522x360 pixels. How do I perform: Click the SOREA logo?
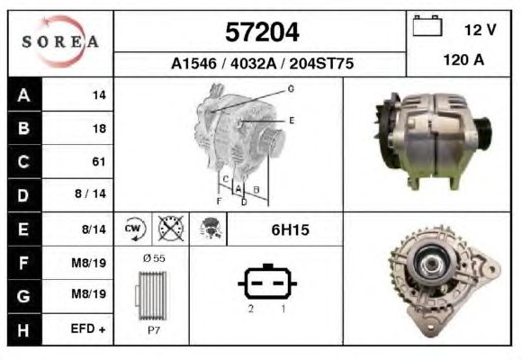point(60,41)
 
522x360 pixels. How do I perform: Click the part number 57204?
point(262,32)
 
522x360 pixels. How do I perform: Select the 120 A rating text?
point(463,60)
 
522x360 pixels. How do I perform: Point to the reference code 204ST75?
point(321,64)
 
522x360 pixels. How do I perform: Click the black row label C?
point(24,161)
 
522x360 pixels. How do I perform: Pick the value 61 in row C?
point(99,161)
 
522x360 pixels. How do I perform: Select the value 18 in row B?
point(99,128)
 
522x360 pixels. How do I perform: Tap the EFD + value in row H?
point(88,329)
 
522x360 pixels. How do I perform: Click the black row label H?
point(24,329)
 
